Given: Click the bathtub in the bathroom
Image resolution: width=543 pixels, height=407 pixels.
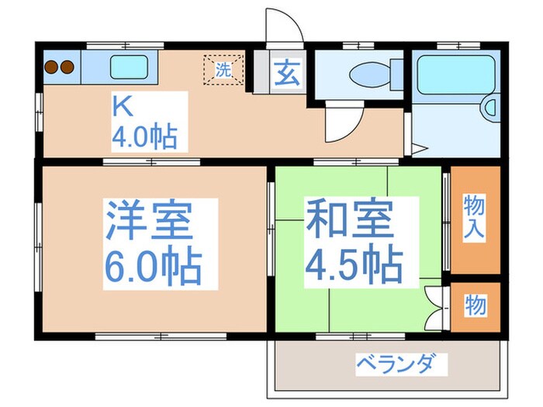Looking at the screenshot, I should pyautogui.click(x=455, y=74).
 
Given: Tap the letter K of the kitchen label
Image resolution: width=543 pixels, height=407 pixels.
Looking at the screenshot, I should pyautogui.click(x=121, y=105).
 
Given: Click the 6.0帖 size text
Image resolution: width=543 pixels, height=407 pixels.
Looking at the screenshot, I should pyautogui.click(x=152, y=267).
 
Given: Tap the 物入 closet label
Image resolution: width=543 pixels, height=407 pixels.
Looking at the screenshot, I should pyautogui.click(x=474, y=217).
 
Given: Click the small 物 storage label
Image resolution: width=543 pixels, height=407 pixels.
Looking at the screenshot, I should pyautogui.click(x=476, y=305).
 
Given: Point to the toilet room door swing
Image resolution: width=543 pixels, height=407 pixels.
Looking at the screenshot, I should pyautogui.click(x=342, y=122).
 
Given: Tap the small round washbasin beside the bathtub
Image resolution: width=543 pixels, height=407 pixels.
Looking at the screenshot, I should pyautogui.click(x=491, y=108).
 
